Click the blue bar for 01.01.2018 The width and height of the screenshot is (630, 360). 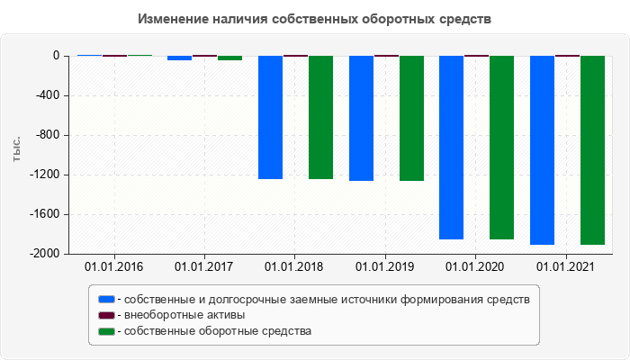(270, 117)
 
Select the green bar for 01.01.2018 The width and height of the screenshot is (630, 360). (320, 117)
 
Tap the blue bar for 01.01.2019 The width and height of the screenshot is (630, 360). (361, 118)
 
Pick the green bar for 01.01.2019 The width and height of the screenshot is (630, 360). (411, 118)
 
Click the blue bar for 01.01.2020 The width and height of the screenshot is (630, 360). (451, 148)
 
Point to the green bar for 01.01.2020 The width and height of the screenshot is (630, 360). (501, 148)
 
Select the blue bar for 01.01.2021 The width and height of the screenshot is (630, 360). (542, 150)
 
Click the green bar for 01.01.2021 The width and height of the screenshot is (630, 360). (592, 150)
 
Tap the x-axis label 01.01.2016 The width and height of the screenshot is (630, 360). (114, 266)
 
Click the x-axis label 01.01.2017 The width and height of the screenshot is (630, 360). (204, 266)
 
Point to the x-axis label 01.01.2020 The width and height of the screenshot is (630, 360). (476, 266)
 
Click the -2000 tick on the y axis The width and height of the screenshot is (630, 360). (44, 254)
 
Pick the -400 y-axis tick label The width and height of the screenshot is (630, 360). (47, 95)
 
